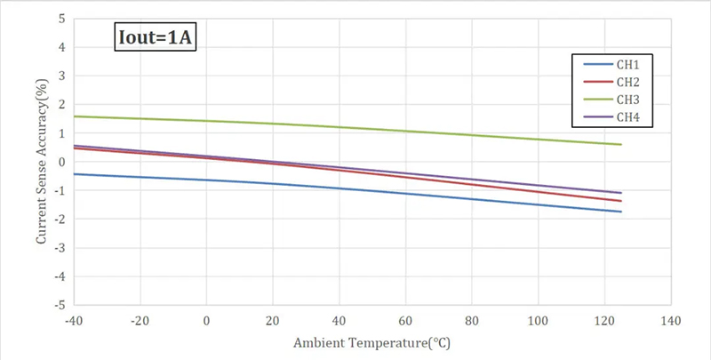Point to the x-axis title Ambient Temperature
372,341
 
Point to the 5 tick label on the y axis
61,19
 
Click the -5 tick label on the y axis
60,305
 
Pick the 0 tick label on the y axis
61,162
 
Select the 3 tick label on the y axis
61,76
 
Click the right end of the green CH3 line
621,144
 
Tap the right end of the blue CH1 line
621,212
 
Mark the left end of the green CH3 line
75,116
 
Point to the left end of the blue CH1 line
75,173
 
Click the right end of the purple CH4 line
621,193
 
